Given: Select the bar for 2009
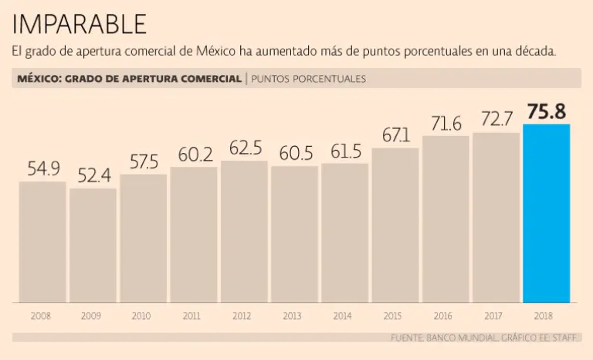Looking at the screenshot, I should (93, 245).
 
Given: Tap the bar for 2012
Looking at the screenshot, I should (244, 232).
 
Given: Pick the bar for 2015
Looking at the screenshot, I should (395, 225).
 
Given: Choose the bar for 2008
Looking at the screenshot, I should (42, 241).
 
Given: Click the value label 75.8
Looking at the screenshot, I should (547, 111).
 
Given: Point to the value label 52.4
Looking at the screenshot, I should (93, 175).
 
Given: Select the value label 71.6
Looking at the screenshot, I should (446, 123).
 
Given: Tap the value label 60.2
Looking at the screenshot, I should (194, 155).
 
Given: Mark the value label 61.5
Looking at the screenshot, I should (345, 152).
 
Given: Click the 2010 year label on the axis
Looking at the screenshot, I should (141, 316).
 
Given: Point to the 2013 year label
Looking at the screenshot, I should (293, 316).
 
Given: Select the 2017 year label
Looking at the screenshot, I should (494, 316).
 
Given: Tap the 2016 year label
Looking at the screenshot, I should (443, 316).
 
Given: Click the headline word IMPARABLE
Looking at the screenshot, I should (80, 24).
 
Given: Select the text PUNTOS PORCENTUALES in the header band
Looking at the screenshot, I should (309, 79).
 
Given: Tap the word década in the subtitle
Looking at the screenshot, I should (537, 52).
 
